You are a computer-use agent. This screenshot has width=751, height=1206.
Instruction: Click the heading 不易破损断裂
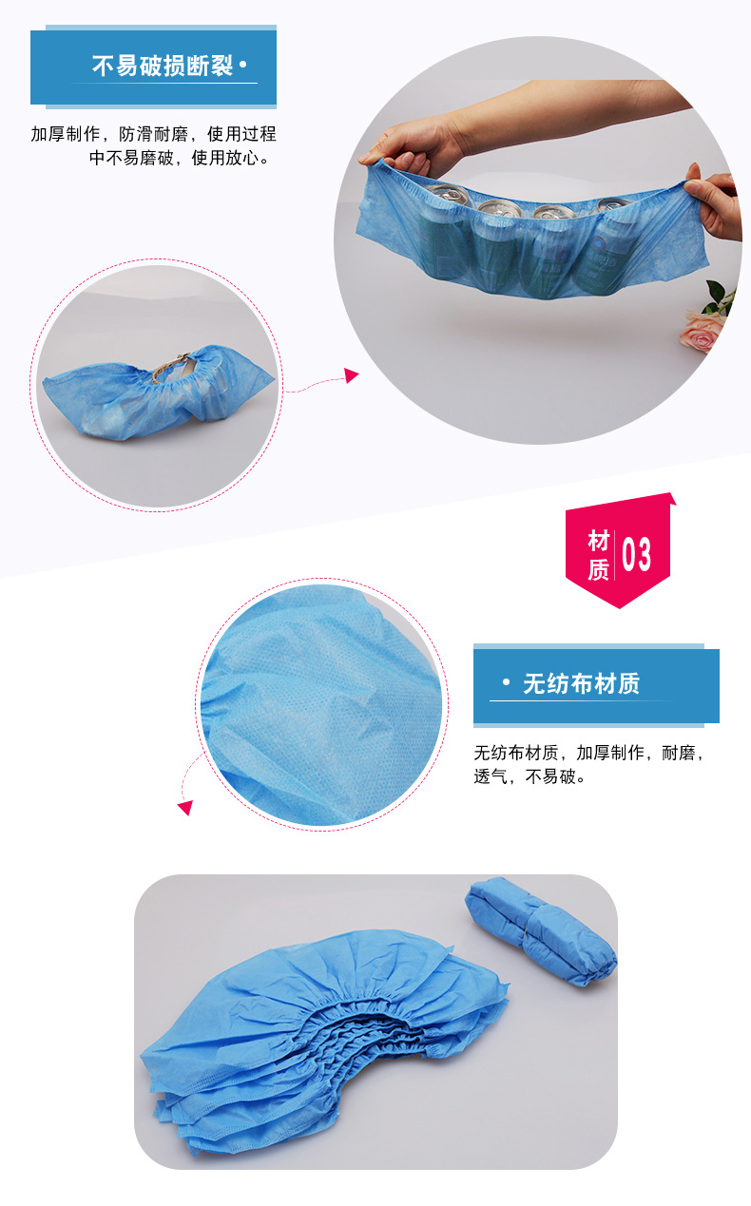click(x=162, y=66)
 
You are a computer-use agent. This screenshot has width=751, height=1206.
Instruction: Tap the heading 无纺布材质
click(x=581, y=683)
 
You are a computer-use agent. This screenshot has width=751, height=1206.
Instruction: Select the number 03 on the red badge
click(x=636, y=554)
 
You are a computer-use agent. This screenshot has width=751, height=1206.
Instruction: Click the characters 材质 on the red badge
click(x=598, y=555)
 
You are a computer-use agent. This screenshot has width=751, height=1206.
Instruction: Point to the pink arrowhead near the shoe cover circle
click(x=352, y=375)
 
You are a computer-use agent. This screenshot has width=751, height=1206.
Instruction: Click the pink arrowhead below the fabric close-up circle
click(x=185, y=807)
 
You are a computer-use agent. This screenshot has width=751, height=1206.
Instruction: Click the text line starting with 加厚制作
click(x=153, y=134)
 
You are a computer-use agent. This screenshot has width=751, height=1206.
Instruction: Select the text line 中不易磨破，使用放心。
click(x=180, y=158)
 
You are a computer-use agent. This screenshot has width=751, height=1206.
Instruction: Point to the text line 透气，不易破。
click(x=530, y=776)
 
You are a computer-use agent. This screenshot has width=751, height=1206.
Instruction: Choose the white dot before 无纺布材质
click(x=506, y=682)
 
